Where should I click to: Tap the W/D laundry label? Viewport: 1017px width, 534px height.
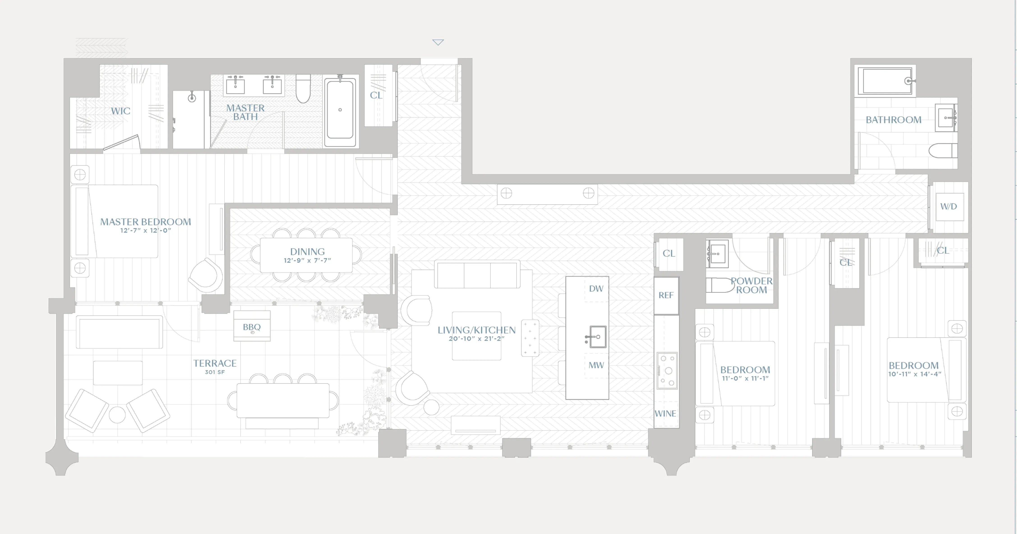click(948, 206)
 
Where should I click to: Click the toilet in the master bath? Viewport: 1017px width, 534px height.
click(303, 89)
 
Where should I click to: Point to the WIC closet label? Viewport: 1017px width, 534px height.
click(120, 111)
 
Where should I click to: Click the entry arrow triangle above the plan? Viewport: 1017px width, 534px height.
click(438, 42)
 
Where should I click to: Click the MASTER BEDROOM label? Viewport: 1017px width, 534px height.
click(145, 222)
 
